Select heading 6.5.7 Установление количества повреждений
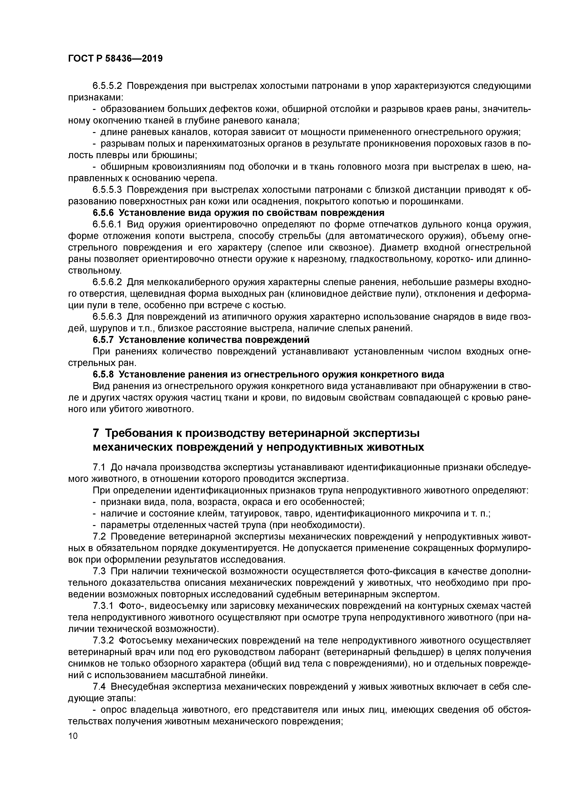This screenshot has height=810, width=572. (201, 340)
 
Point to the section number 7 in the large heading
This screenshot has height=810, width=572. (96, 433)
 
